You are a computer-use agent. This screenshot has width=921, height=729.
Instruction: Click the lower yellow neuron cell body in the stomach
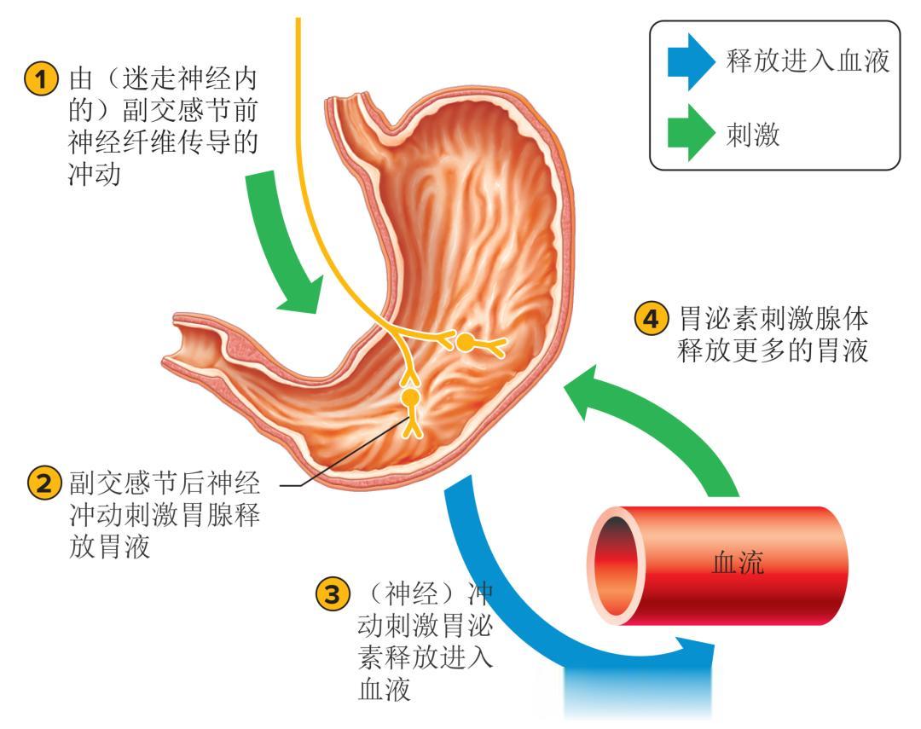point(411,397)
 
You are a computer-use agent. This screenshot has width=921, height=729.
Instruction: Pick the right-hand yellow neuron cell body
point(466,344)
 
